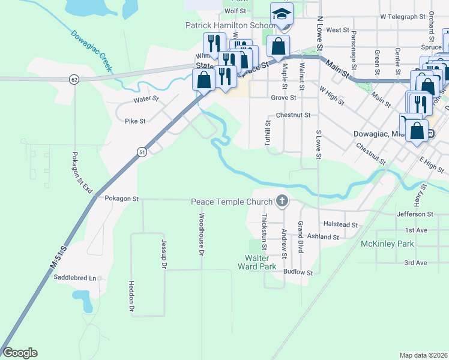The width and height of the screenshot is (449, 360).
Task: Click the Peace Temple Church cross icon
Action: [x=282, y=202]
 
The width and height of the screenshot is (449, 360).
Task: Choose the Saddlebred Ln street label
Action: [x=75, y=278]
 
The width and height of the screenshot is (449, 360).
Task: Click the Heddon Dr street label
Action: [x=131, y=297]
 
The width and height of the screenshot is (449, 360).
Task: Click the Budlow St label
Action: [x=298, y=272]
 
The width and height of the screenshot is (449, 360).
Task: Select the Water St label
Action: [x=146, y=98]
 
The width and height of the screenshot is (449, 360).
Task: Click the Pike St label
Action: [x=135, y=121]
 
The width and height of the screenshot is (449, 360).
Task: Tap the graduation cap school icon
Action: [x=281, y=14]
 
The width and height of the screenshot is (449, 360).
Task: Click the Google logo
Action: [x=20, y=353]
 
